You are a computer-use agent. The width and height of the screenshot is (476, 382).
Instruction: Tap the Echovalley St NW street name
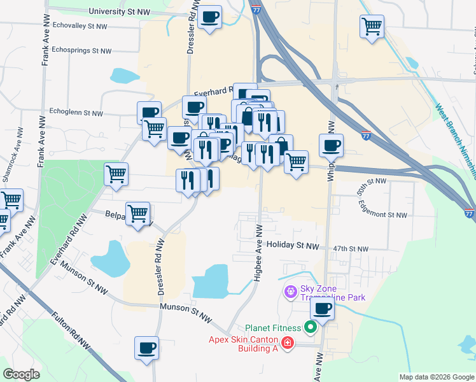click(80, 26)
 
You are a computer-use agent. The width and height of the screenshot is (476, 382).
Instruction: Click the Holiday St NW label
click(292, 245)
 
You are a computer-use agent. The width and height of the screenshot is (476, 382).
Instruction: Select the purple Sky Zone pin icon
click(290, 292)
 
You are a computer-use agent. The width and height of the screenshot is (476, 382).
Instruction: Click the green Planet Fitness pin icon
click(311, 328)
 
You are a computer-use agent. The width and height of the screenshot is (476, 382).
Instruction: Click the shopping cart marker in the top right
click(372, 27)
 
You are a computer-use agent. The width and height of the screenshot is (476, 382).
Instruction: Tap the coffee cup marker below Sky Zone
click(322, 310)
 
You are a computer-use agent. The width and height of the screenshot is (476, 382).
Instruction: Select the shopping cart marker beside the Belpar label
click(137, 213)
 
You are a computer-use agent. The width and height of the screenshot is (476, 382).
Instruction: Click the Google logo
click(21, 374)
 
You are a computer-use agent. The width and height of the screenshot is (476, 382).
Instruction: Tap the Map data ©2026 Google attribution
click(436, 377)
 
